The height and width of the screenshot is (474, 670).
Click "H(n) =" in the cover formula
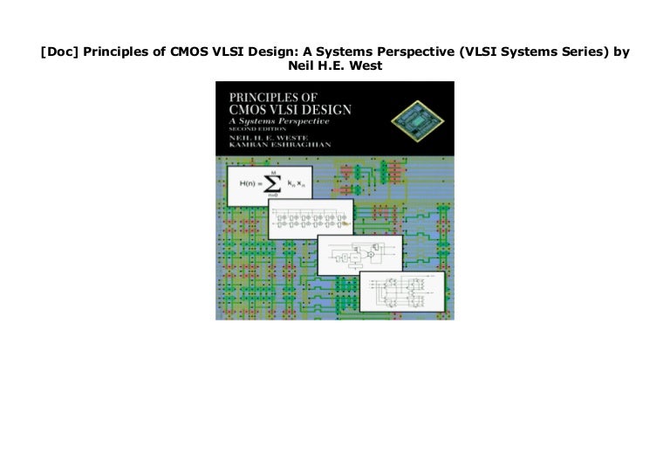pos(246,185)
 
